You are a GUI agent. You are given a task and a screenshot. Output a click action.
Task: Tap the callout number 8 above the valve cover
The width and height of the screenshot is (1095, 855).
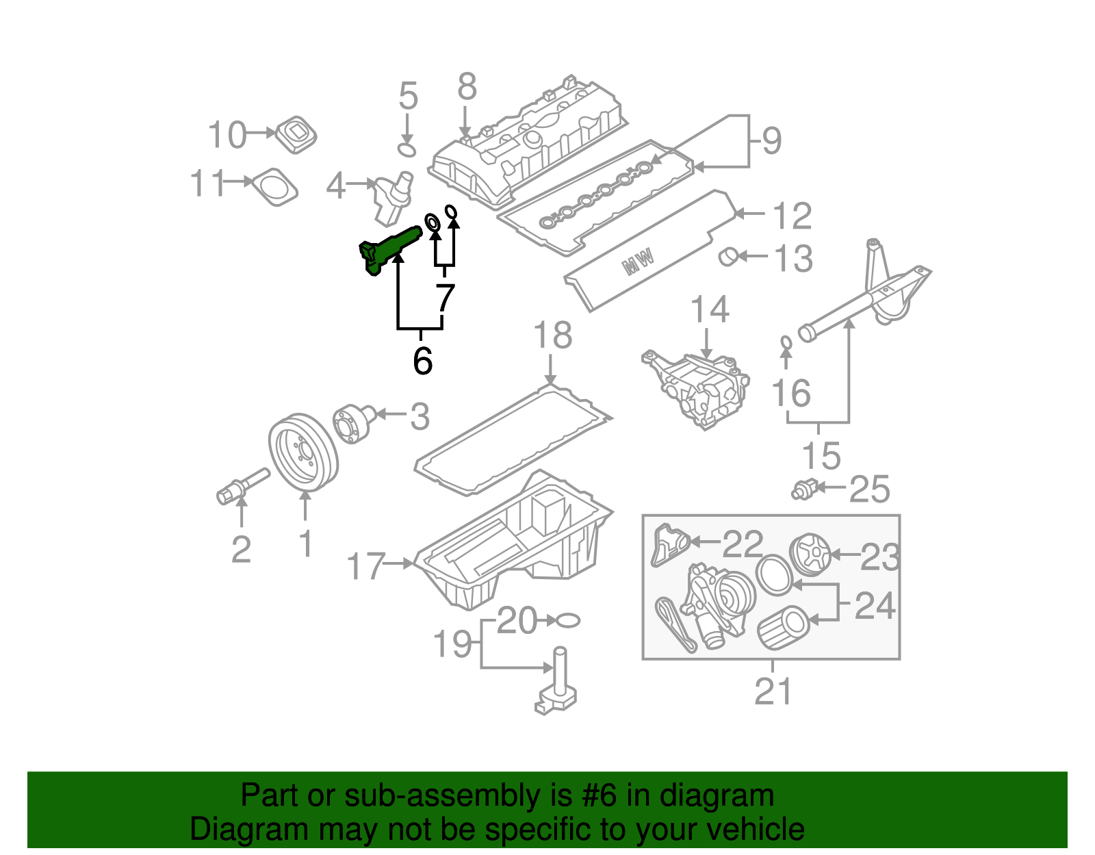(467, 88)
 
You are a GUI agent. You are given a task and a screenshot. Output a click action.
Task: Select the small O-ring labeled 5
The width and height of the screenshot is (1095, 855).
(407, 149)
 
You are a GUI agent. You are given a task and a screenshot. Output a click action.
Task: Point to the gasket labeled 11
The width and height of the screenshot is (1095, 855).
(274, 186)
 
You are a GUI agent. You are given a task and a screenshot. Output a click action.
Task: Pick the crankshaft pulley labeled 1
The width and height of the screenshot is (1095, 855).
(303, 452)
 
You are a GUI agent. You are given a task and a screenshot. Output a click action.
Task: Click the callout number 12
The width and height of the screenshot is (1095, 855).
(792, 216)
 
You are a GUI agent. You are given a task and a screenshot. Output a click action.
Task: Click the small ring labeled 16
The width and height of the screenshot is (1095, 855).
(786, 342)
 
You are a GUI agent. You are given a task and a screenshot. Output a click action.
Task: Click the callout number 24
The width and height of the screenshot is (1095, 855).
(875, 606)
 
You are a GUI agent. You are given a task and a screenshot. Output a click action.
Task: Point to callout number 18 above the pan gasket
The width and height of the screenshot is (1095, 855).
(552, 335)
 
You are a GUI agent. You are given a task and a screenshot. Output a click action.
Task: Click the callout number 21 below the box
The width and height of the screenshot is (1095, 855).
(773, 691)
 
